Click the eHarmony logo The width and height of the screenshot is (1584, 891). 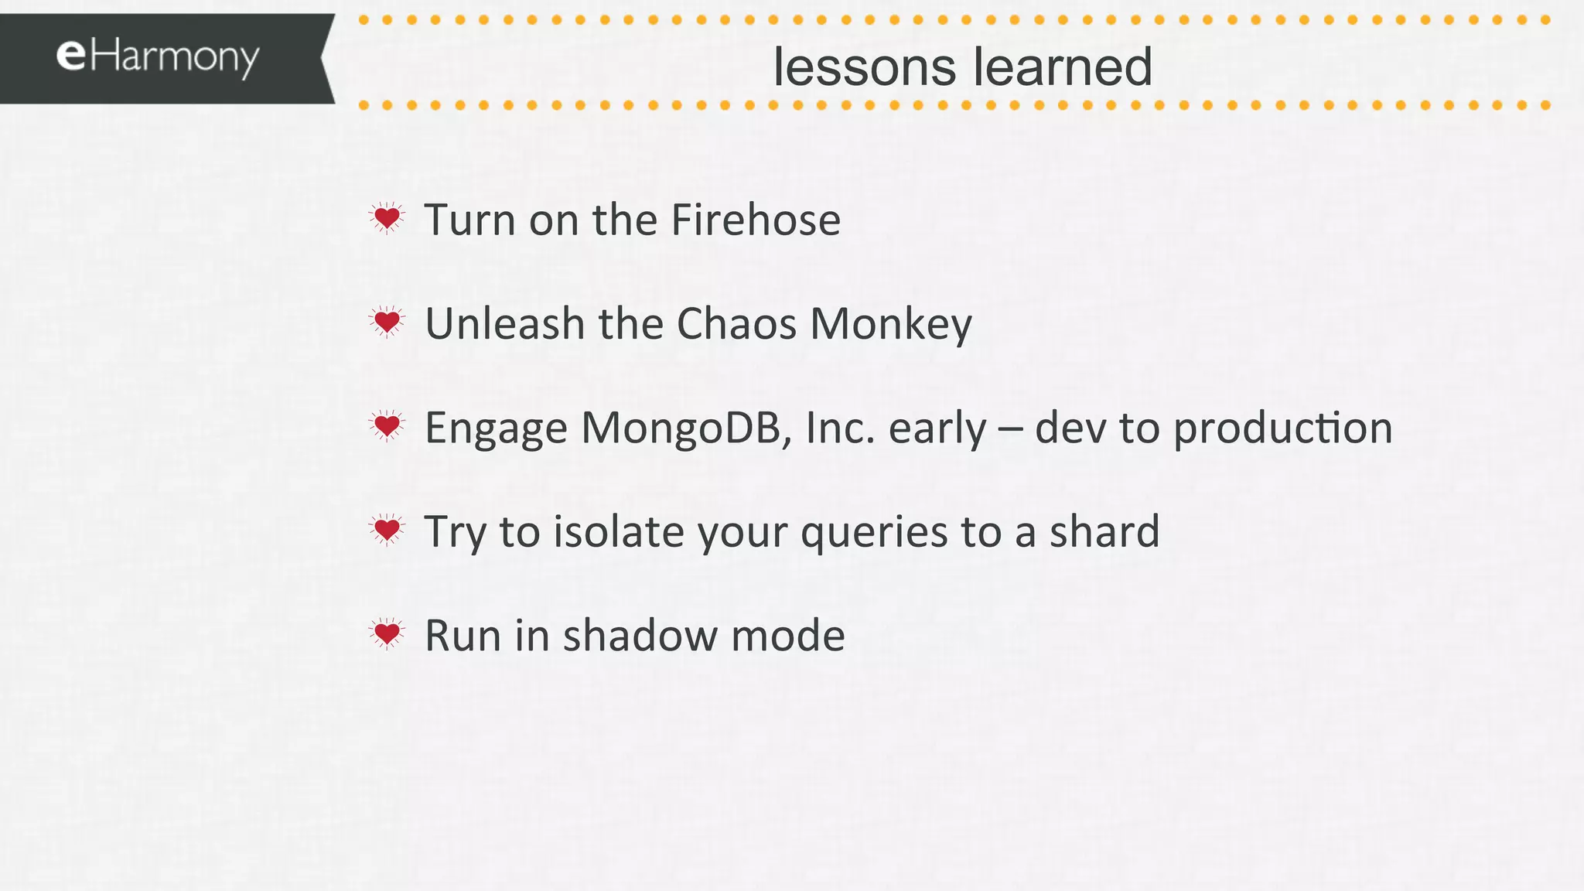pos(158,58)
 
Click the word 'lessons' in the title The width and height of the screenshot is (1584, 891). pos(865,67)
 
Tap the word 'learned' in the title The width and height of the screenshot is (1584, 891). pos(1063,67)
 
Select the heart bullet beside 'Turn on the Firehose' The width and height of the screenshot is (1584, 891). pos(387,219)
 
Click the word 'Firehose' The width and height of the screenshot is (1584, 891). pos(756,220)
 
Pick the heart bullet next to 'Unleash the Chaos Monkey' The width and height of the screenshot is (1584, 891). pos(387,322)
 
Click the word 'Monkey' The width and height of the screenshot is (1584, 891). pos(891,325)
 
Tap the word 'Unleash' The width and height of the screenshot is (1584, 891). pos(505,323)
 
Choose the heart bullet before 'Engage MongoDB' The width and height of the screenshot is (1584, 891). pos(387,426)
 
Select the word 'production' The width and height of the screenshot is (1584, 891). pos(1283,428)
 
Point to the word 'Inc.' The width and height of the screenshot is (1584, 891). pos(841,428)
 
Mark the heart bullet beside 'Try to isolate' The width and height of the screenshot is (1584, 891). pos(387,531)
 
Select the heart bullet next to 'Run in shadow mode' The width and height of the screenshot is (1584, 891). pos(387,634)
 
